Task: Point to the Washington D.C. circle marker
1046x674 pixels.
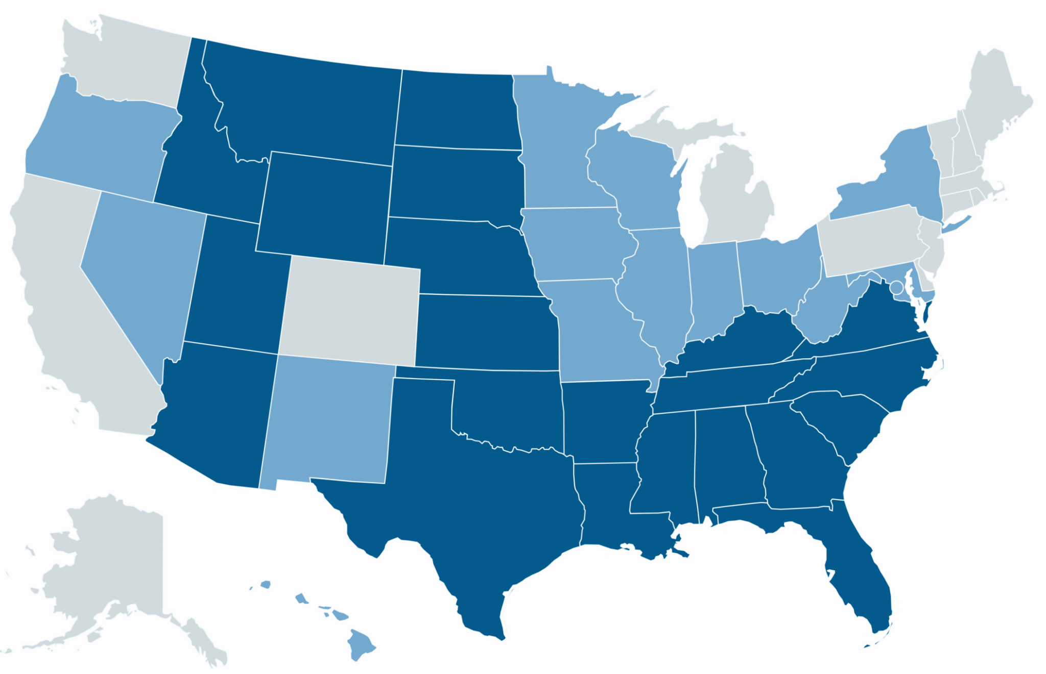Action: pos(895,287)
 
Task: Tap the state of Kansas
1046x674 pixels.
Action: pos(485,332)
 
